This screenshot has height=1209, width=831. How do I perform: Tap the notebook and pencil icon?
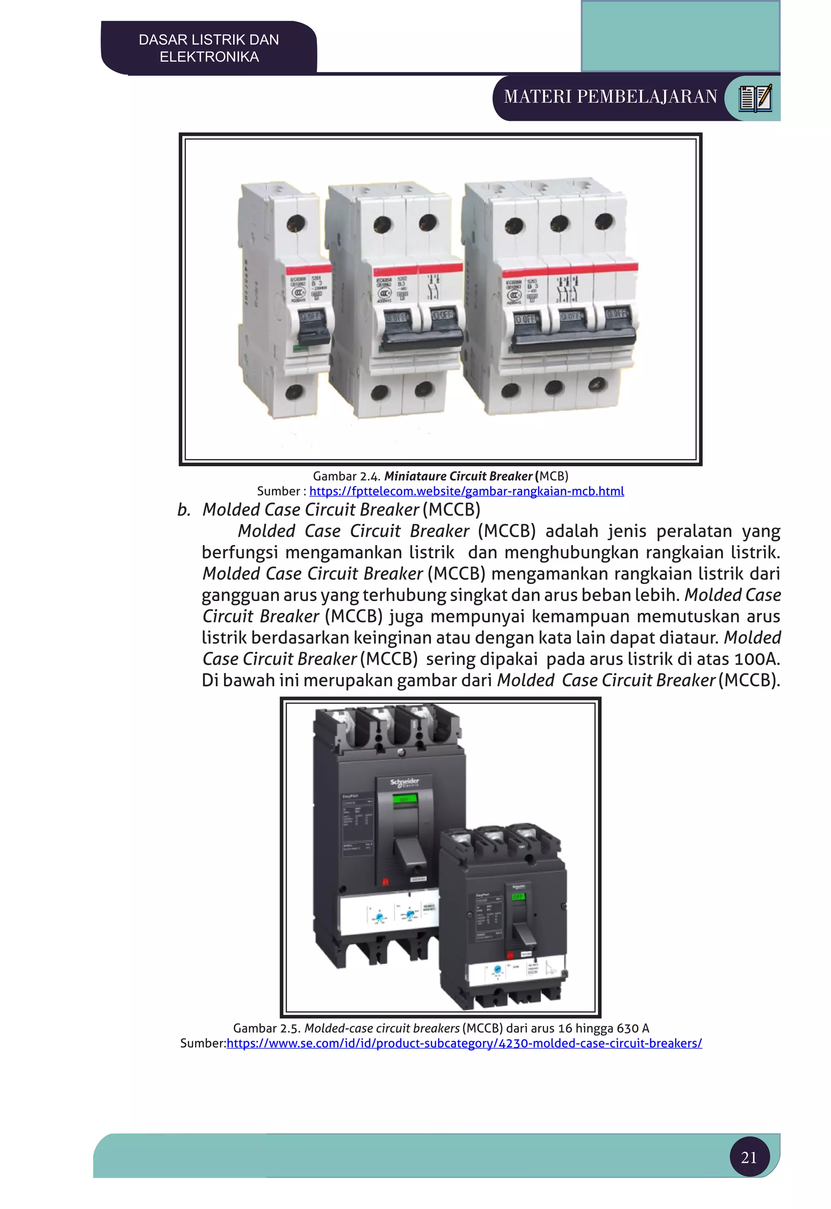point(755,98)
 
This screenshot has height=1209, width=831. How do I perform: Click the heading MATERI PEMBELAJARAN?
point(610,97)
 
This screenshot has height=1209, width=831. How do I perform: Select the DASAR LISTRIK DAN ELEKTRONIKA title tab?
point(209,48)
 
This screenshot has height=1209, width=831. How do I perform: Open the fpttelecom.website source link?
point(467,491)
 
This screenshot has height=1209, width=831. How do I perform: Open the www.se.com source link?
point(465,1043)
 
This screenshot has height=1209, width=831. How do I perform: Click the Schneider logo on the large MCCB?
point(405,782)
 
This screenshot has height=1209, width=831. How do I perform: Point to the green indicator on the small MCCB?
point(518,897)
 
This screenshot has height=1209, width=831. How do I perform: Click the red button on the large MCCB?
point(386,881)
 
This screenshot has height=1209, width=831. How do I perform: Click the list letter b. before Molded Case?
point(184,510)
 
